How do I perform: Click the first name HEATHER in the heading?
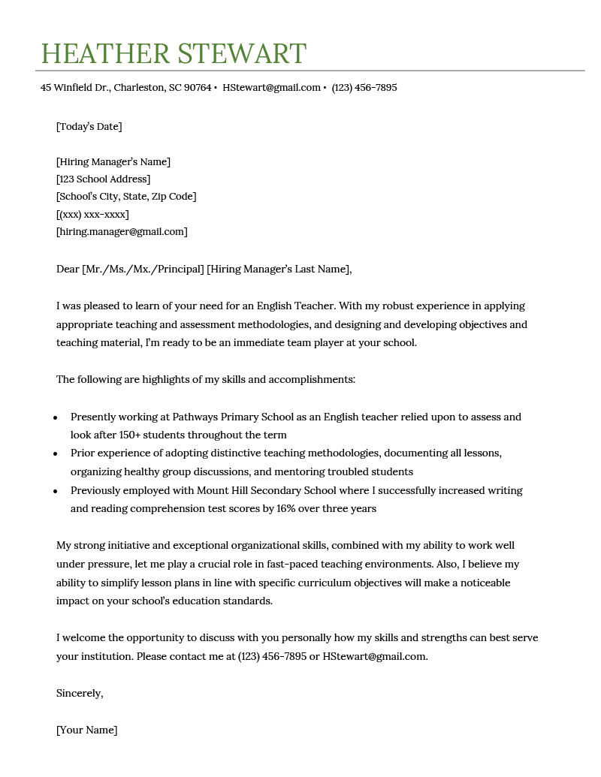pos(105,54)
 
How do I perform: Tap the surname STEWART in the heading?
pos(241,54)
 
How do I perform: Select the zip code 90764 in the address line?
pos(198,88)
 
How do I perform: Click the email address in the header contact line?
pos(271,88)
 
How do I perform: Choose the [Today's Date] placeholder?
pos(89,127)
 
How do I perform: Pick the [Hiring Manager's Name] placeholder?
pos(113,162)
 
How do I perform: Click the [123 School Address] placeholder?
pos(103,179)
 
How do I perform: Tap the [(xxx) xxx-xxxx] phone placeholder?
pos(92,215)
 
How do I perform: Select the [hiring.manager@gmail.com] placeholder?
pos(122,232)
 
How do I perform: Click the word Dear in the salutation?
pos(68,270)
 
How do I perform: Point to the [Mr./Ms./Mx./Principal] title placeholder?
pos(143,270)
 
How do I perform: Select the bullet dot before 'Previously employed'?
pos(56,492)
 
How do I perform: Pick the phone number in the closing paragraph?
pos(272,657)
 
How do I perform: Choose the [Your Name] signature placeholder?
pos(86,730)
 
